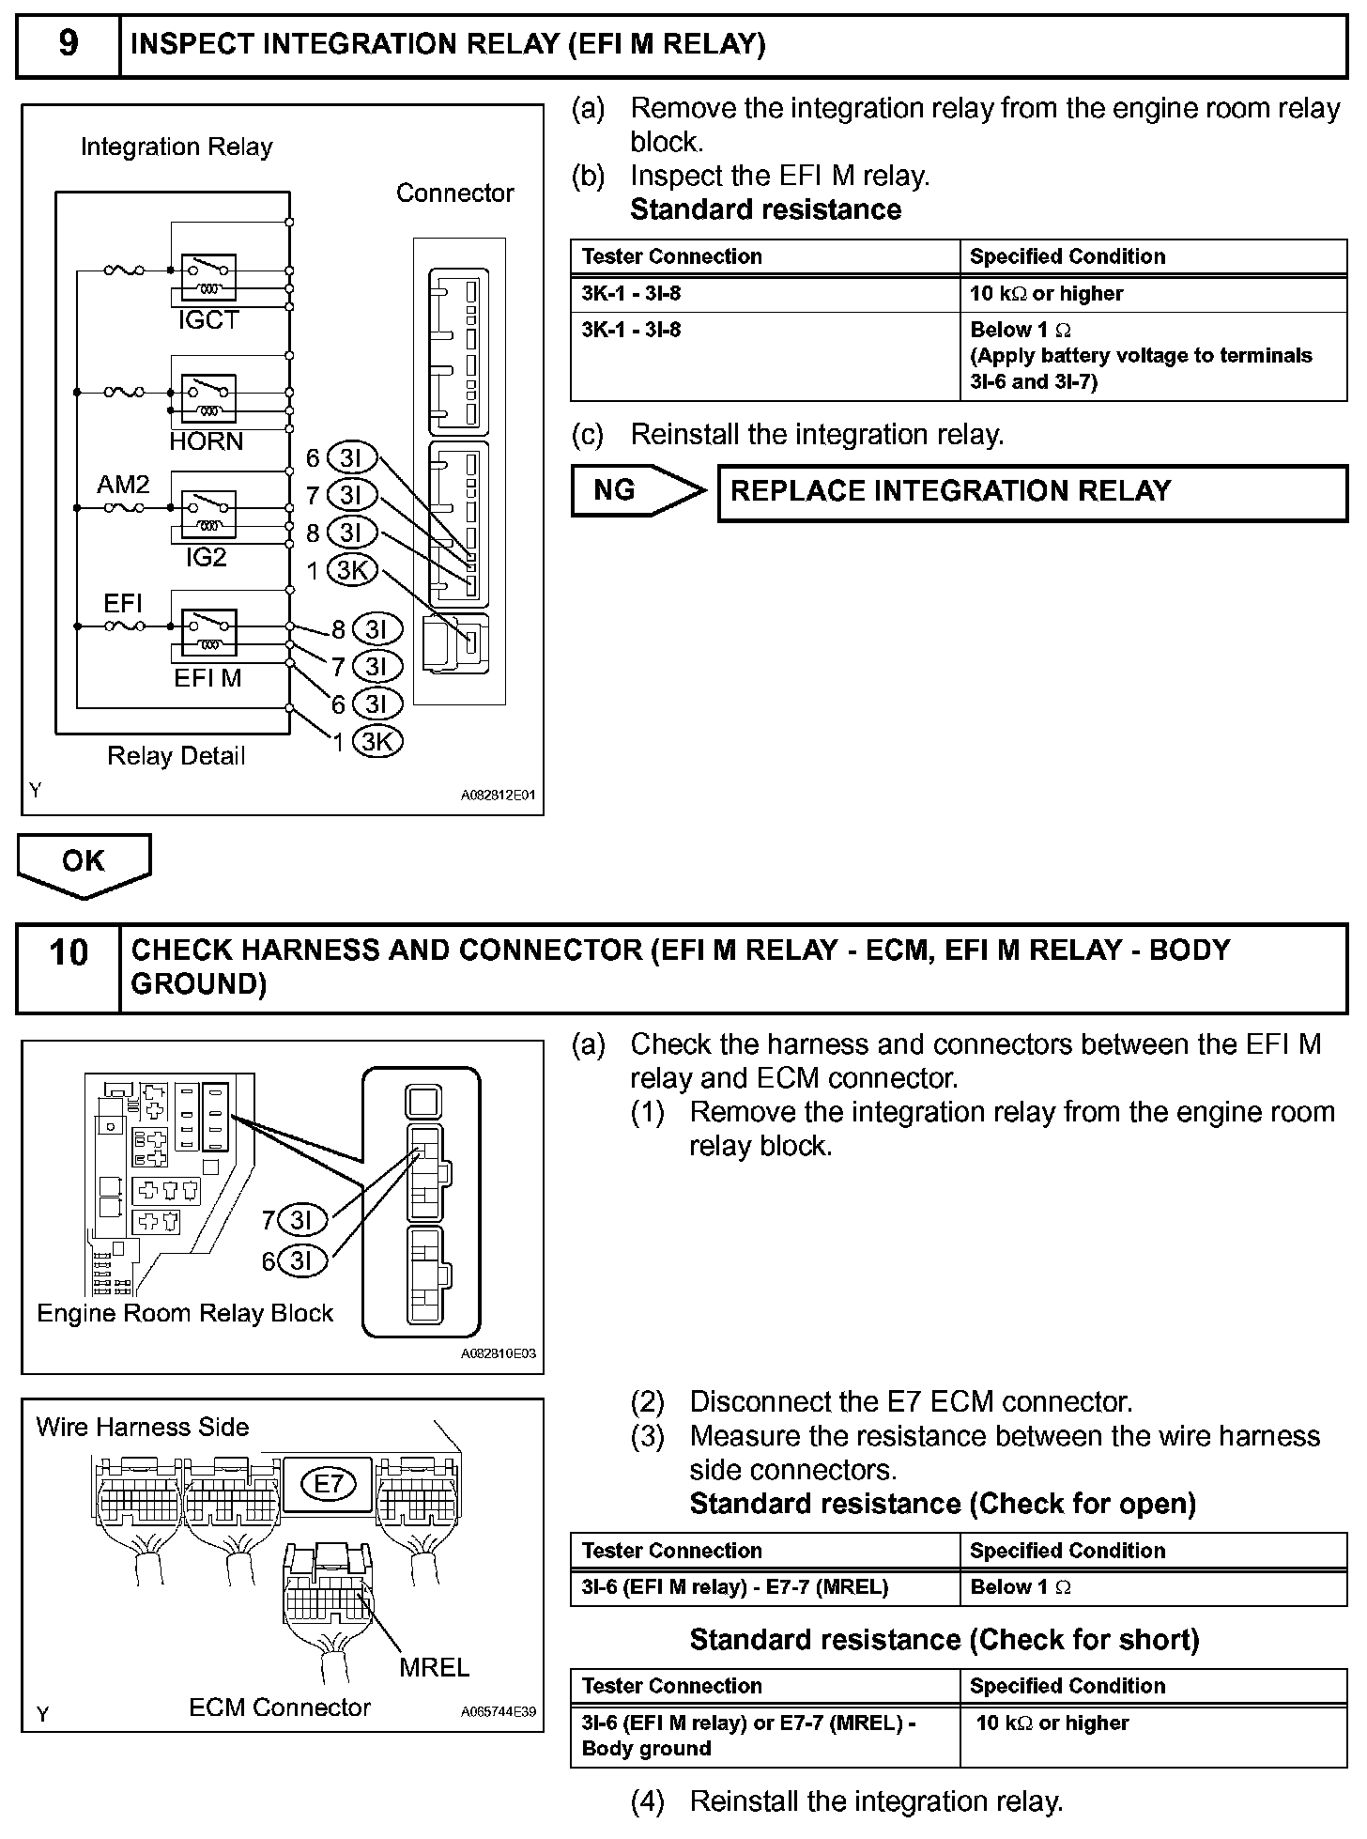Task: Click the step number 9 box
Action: [69, 44]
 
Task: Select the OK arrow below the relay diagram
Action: [84, 860]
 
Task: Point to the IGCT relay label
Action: [208, 321]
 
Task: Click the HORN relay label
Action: [207, 441]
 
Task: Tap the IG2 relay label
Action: [206, 558]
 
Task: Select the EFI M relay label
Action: [207, 678]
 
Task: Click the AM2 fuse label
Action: [123, 485]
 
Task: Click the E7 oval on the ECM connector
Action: [330, 1484]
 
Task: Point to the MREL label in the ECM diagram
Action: [434, 1667]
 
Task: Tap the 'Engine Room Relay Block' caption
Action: [185, 1313]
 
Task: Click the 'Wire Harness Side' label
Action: [143, 1428]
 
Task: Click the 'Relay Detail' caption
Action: [176, 756]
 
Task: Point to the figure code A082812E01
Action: [498, 795]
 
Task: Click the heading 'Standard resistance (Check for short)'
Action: [945, 1640]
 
